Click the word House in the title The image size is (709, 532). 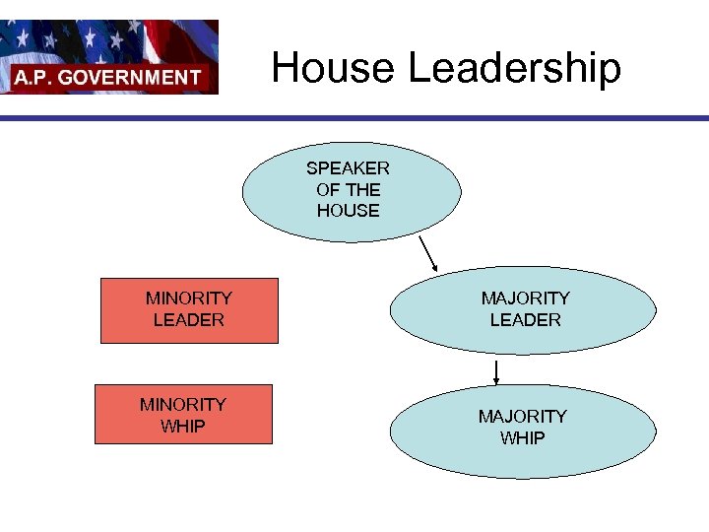pyautogui.click(x=334, y=69)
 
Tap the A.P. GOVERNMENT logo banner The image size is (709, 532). pyautogui.click(x=109, y=57)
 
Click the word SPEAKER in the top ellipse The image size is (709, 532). pyautogui.click(x=348, y=168)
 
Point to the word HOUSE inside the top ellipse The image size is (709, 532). pyautogui.click(x=348, y=211)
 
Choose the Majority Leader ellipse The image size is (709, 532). pyautogui.click(x=523, y=309)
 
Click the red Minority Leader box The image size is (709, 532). pyautogui.click(x=189, y=309)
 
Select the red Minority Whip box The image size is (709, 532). pyautogui.click(x=183, y=415)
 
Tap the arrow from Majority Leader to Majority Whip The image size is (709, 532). pyautogui.click(x=496, y=373)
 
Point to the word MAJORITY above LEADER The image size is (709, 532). pyautogui.click(x=525, y=298)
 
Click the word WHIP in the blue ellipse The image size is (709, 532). pyautogui.click(x=522, y=438)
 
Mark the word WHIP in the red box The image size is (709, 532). pyautogui.click(x=183, y=426)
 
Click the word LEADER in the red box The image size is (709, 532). pyautogui.click(x=189, y=320)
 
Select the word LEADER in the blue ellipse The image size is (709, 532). pyautogui.click(x=525, y=320)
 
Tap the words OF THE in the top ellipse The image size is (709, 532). pyautogui.click(x=348, y=189)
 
